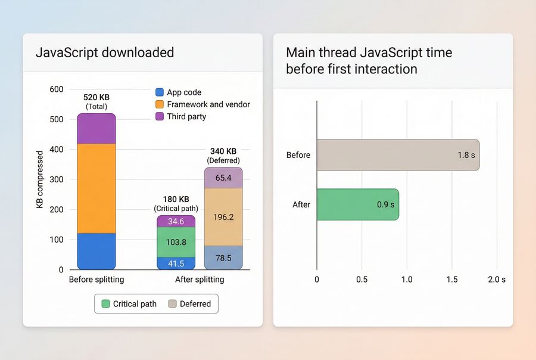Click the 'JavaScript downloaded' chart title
pos(105,52)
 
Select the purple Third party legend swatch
pos(159,117)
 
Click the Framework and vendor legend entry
pos(208,104)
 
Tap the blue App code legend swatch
pos(159,92)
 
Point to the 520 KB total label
pos(96,98)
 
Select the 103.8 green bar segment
pos(176,243)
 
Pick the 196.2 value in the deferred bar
pos(223,217)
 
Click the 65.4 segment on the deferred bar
pos(223,178)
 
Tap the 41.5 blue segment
pos(176,263)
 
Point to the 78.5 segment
pos(223,258)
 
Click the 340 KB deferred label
pos(223,151)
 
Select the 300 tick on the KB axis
pos(56,179)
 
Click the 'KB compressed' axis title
pos(40,179)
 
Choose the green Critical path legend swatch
pos(106,304)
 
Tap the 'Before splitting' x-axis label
pos(96,280)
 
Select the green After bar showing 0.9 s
pos(357,204)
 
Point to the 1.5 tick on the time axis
pos(451,280)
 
